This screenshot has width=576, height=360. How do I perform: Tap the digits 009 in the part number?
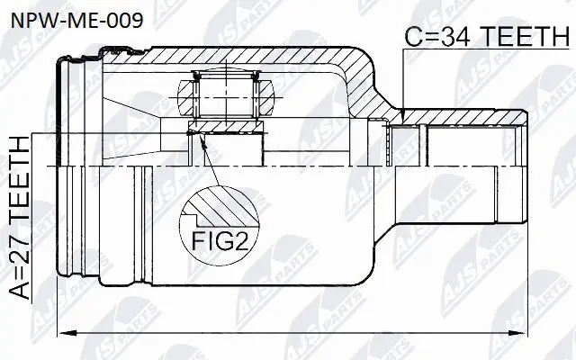click(122, 19)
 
